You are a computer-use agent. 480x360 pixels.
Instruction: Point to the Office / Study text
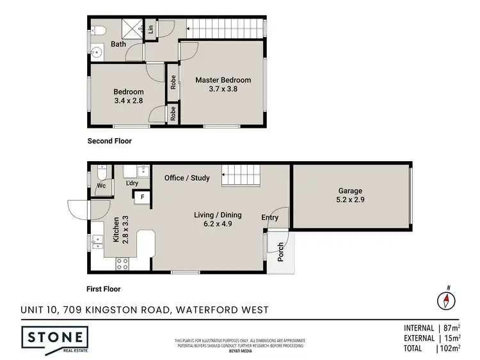[x=187, y=178]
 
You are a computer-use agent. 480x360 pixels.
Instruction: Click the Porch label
[x=280, y=252]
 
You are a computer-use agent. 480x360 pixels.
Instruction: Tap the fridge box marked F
[x=141, y=198]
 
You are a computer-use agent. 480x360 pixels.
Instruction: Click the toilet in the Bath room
[x=98, y=29]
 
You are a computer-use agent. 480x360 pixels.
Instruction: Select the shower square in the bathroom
[x=132, y=29]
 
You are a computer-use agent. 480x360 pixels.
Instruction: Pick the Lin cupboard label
[x=151, y=29]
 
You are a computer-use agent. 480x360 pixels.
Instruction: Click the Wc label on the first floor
[x=101, y=186]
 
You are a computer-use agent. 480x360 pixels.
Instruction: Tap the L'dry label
[x=132, y=184]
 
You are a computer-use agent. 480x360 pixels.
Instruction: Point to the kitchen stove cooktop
[x=122, y=262]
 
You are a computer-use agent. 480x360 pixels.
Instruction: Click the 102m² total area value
[x=449, y=348]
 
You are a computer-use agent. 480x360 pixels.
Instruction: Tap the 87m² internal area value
[x=451, y=328]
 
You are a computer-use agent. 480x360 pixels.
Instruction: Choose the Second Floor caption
[x=109, y=141]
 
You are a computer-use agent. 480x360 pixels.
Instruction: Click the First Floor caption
[x=104, y=289]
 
